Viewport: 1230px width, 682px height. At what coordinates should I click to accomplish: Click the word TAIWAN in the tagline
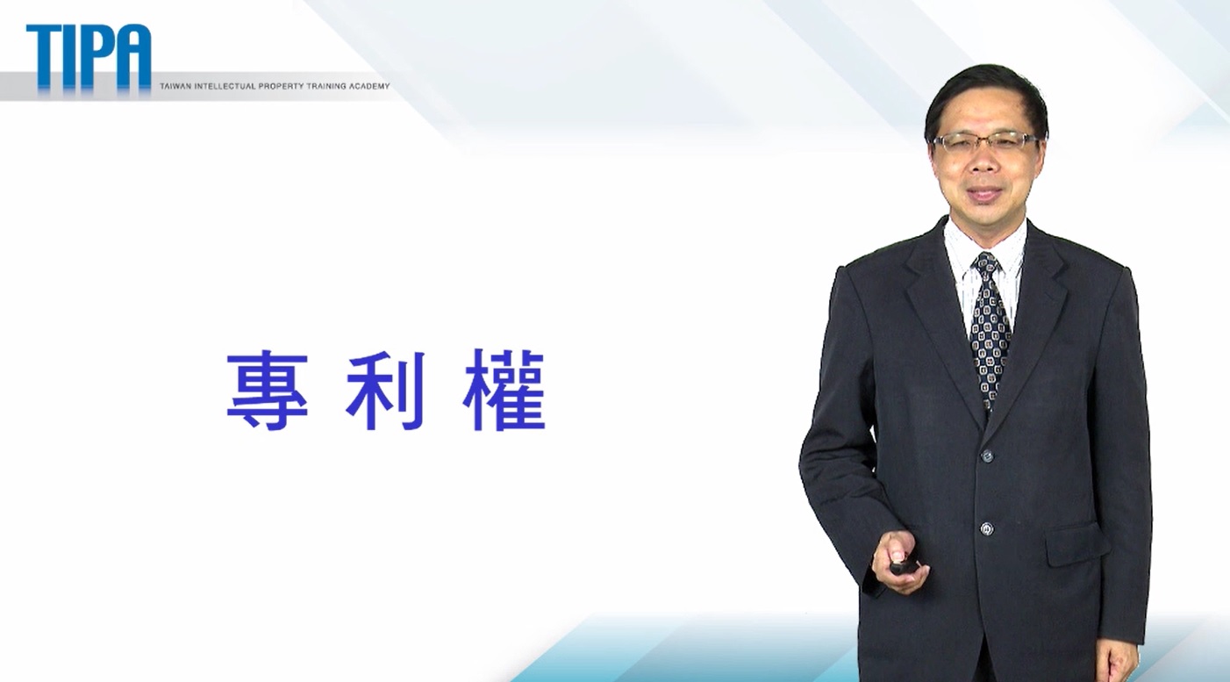(x=172, y=86)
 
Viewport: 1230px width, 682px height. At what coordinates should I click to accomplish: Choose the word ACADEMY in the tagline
(x=369, y=86)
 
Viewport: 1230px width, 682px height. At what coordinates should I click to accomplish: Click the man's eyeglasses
(x=984, y=142)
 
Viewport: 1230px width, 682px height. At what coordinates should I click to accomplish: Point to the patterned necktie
(x=990, y=330)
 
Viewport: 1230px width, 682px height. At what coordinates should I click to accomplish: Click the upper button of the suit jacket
(x=987, y=456)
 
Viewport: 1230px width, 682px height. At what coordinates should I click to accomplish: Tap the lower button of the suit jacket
(x=987, y=529)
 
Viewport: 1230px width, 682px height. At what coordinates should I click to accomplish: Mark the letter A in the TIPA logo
(x=132, y=56)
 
